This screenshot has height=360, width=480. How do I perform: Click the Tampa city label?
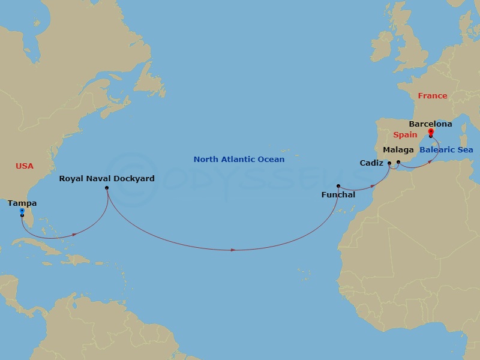tap(22, 203)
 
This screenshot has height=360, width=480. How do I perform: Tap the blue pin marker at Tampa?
tap(22, 211)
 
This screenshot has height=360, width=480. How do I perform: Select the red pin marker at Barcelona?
tap(431, 132)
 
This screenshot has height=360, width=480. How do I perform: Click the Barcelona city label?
tap(430, 124)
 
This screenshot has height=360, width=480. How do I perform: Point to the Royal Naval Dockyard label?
tap(107, 178)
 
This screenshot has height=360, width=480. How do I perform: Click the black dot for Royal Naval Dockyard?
tap(107, 188)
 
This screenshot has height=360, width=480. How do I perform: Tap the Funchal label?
tap(338, 195)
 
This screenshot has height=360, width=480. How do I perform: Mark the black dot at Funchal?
tap(338, 186)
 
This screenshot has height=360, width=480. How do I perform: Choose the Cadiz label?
tap(371, 163)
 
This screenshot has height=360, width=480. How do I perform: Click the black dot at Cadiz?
tap(389, 163)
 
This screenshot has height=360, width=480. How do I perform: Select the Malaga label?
tap(398, 149)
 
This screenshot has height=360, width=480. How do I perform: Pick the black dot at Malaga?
tap(398, 162)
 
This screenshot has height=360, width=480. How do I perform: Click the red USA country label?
tap(25, 166)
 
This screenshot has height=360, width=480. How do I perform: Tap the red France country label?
tap(433, 96)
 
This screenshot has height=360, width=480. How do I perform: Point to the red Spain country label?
tap(405, 135)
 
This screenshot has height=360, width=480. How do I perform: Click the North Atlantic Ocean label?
tap(239, 160)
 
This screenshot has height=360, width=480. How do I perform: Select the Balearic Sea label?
tap(446, 149)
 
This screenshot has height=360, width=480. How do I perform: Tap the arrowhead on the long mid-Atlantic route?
tap(233, 250)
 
